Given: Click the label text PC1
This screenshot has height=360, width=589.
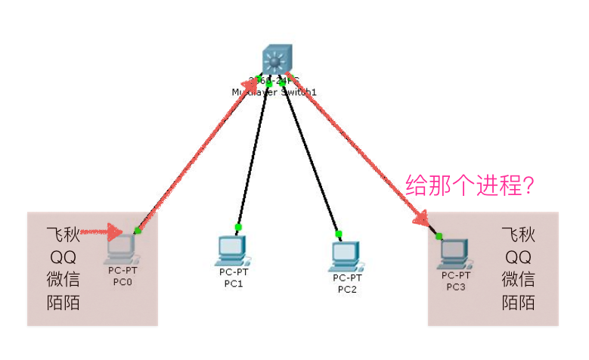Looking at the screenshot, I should point(233,284).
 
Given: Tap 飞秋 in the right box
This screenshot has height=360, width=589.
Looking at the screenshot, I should point(519,234).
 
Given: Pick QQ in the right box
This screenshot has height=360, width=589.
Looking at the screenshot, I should point(519,256).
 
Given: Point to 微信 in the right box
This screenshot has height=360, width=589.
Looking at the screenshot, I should point(519,280).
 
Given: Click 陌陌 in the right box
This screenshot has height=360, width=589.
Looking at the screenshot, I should point(519,303).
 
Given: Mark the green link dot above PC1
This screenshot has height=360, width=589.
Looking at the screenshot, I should point(238,227).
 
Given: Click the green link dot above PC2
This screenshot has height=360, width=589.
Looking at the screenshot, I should point(339,234).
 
